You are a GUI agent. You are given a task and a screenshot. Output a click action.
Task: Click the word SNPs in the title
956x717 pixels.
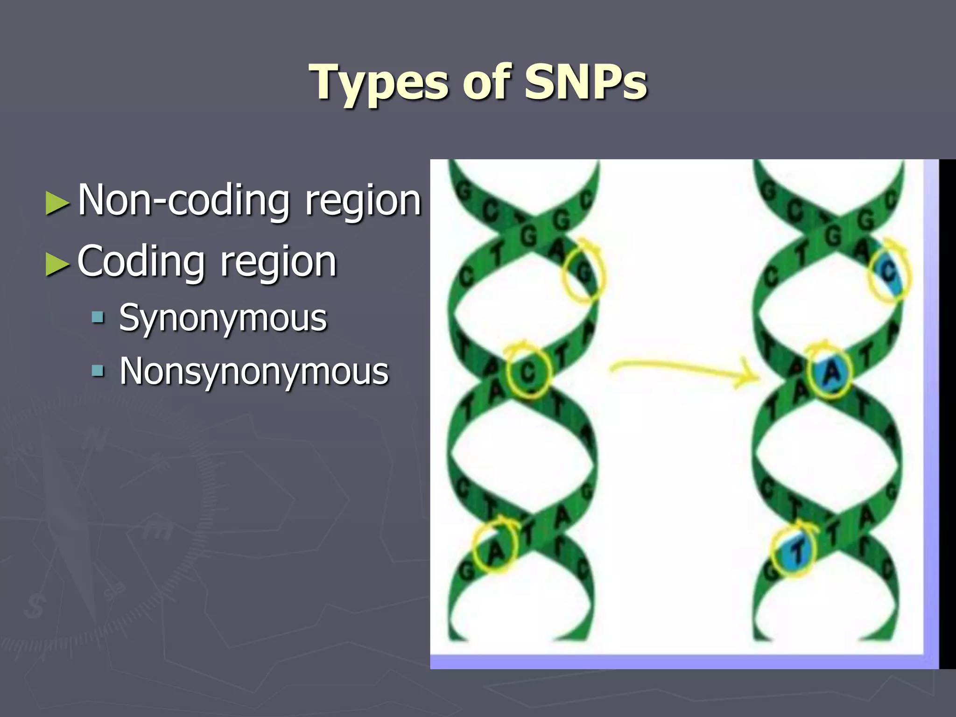tap(586, 83)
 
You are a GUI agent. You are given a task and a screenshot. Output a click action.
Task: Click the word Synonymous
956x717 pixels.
tap(223, 319)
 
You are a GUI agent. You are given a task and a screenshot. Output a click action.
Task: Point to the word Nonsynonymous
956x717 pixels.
tap(254, 372)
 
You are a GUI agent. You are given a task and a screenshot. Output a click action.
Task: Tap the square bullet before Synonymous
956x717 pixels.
tap(98, 318)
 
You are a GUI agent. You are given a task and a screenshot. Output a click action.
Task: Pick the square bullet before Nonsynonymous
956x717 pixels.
tap(98, 372)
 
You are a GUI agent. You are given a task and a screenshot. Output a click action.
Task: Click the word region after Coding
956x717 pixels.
tap(278, 263)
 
